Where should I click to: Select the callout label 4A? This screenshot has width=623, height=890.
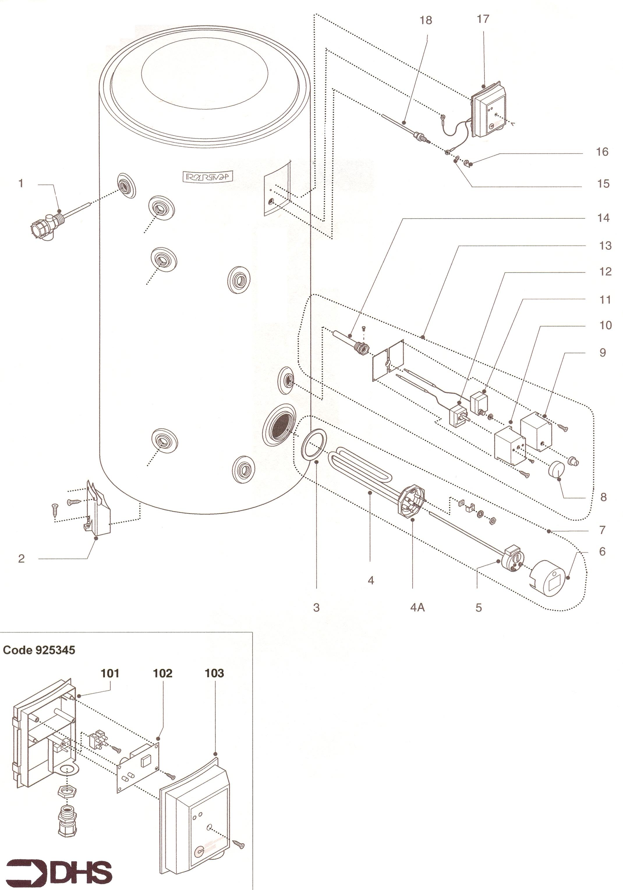pos(417,608)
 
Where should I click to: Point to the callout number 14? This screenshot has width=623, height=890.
pos(603,218)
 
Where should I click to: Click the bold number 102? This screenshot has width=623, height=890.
pos(162,673)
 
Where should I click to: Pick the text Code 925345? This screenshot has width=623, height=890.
pos(39,650)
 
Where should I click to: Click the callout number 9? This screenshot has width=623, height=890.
pos(602,353)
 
